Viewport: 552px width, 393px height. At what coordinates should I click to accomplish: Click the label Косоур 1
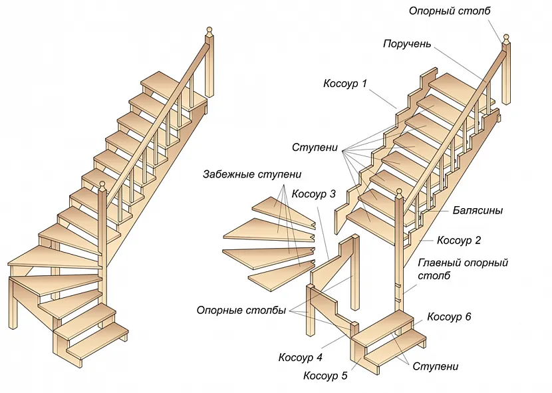pyautogui.click(x=345, y=84)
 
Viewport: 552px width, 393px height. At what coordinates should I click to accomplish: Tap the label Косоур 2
pyautogui.click(x=459, y=240)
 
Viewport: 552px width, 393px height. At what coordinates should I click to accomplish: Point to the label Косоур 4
pyautogui.click(x=300, y=357)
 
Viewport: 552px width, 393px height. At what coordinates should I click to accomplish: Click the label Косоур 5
pyautogui.click(x=325, y=376)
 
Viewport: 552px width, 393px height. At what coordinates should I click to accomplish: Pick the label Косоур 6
pyautogui.click(x=449, y=317)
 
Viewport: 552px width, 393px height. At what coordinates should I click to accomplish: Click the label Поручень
pyautogui.click(x=407, y=45)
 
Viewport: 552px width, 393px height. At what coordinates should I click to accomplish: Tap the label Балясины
pyautogui.click(x=478, y=211)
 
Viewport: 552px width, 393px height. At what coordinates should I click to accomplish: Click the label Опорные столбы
pyautogui.click(x=241, y=311)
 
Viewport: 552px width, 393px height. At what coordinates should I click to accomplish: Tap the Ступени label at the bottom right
pyautogui.click(x=436, y=366)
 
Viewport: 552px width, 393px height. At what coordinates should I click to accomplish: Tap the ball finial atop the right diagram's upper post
pyautogui.click(x=506, y=37)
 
